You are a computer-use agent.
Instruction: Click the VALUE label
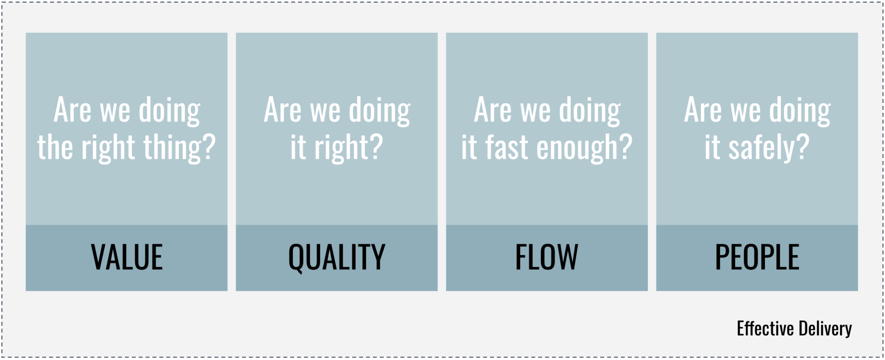pos(127,257)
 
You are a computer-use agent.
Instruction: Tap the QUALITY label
pos(337,257)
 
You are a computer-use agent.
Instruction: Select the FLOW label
pos(547,257)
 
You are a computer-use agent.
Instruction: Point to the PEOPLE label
pos(757,257)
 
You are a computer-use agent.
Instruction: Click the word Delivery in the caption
pos(825,329)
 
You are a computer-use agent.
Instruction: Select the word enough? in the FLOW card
pos(584,148)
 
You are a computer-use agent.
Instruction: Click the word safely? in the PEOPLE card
pos(769,148)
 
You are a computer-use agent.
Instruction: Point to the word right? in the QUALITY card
pos(348,148)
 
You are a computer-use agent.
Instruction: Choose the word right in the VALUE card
pos(108,148)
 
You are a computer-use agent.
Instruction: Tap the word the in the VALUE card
pos(55,148)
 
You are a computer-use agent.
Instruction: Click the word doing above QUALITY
pos(379,111)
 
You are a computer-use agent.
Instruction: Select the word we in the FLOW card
pos(535,111)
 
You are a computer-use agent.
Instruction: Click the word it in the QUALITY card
pos(298,148)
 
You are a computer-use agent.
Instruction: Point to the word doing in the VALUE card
pos(169,111)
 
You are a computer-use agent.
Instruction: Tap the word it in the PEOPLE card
pos(712,148)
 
